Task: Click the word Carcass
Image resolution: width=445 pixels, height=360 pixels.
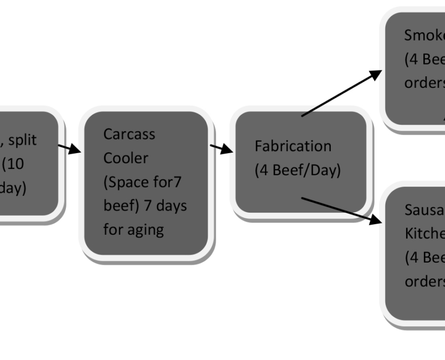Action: pyautogui.click(x=129, y=134)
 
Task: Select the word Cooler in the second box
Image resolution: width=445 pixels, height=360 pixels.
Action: pyautogui.click(x=126, y=158)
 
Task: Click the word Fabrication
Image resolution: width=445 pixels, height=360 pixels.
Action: pyautogui.click(x=293, y=146)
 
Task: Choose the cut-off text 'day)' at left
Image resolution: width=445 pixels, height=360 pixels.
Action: pyautogui.click(x=13, y=188)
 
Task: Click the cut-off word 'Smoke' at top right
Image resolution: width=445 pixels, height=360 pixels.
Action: pyautogui.click(x=424, y=35)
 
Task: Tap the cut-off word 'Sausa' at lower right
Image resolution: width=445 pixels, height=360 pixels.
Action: pyautogui.click(x=424, y=210)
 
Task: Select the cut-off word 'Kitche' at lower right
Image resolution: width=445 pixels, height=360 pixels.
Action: pyautogui.click(x=424, y=234)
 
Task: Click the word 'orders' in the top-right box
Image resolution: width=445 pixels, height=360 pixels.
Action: pyautogui.click(x=424, y=84)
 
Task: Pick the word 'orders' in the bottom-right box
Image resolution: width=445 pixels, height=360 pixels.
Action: pyautogui.click(x=424, y=281)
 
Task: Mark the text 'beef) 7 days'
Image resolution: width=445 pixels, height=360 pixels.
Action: pyautogui.click(x=145, y=206)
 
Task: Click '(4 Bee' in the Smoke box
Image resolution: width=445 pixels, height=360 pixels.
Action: pyautogui.click(x=424, y=59)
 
